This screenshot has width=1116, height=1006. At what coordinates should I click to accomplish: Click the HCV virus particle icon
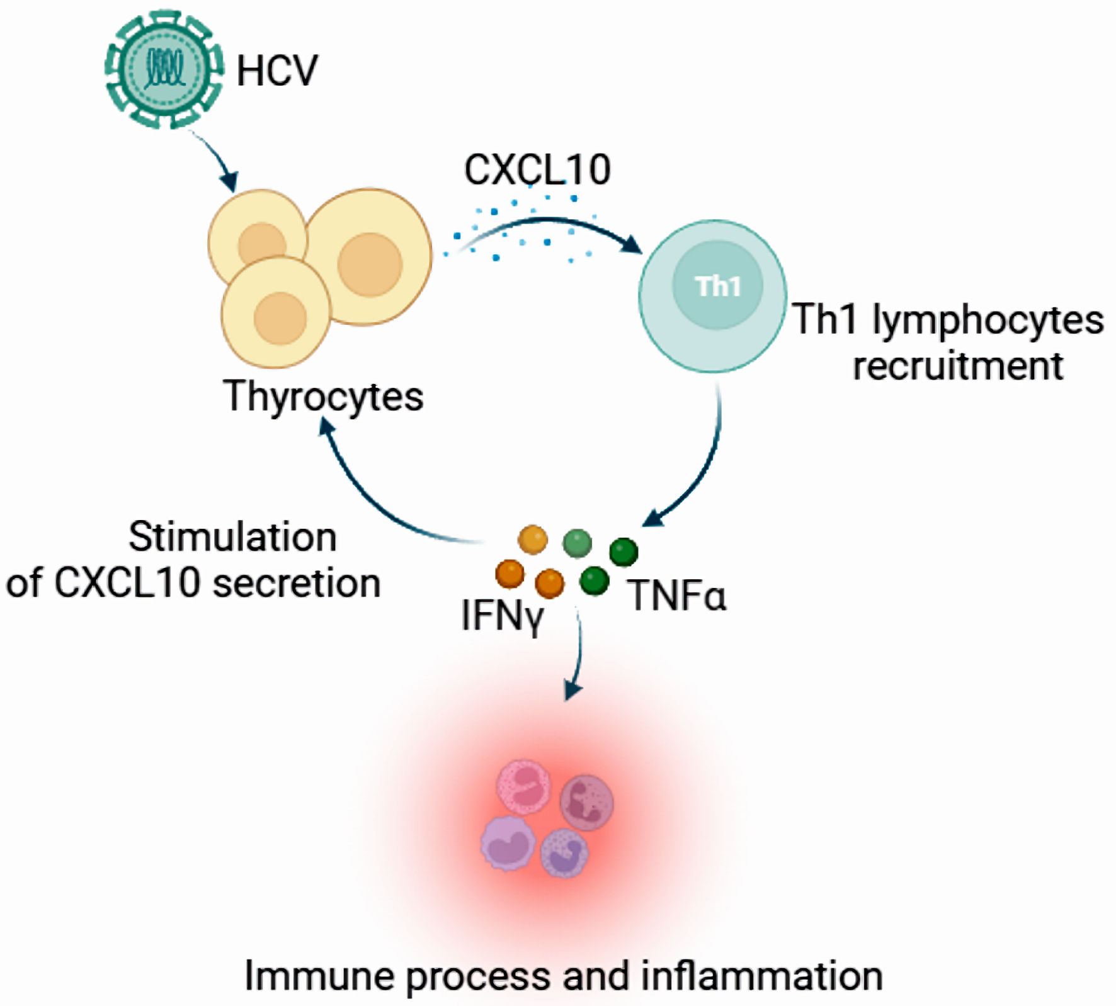coord(164,69)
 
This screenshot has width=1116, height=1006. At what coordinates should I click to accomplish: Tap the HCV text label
coord(277,71)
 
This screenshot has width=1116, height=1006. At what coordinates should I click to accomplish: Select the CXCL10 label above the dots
coord(537,169)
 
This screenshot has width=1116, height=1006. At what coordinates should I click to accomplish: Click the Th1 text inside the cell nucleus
coord(718,286)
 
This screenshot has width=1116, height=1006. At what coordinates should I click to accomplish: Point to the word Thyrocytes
coord(323,397)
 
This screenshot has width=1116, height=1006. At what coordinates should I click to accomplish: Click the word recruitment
coord(957,366)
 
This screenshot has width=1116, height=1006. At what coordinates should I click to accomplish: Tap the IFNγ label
coord(502,615)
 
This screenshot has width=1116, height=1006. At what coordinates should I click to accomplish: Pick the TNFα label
coord(676,595)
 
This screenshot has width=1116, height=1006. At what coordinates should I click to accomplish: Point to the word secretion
coord(297,583)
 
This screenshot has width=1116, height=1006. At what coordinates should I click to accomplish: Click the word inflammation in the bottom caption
coord(761,976)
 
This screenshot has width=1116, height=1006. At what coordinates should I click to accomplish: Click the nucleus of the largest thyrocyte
coord(370,264)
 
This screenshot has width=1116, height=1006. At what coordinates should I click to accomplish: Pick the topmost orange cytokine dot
coord(532,540)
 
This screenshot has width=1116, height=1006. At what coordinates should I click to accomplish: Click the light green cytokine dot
coord(577,543)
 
